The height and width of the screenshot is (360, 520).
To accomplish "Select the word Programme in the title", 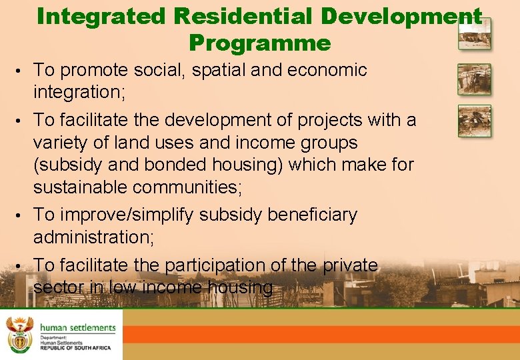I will pos(259,43).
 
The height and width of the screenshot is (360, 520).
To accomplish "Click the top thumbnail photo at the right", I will pos(474,34).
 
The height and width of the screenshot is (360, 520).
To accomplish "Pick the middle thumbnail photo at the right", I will pos(474,79).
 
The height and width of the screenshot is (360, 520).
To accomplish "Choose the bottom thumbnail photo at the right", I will pos(474,121).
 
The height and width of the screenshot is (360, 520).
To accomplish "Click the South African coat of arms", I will pos(19,334).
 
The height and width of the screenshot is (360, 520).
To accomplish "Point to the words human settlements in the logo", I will pos(77,327).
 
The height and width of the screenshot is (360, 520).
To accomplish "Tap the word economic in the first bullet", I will pos(327,70).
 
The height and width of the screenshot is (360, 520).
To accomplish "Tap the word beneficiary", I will pos(312,215).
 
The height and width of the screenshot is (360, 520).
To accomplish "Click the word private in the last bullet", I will pos(350,265).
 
